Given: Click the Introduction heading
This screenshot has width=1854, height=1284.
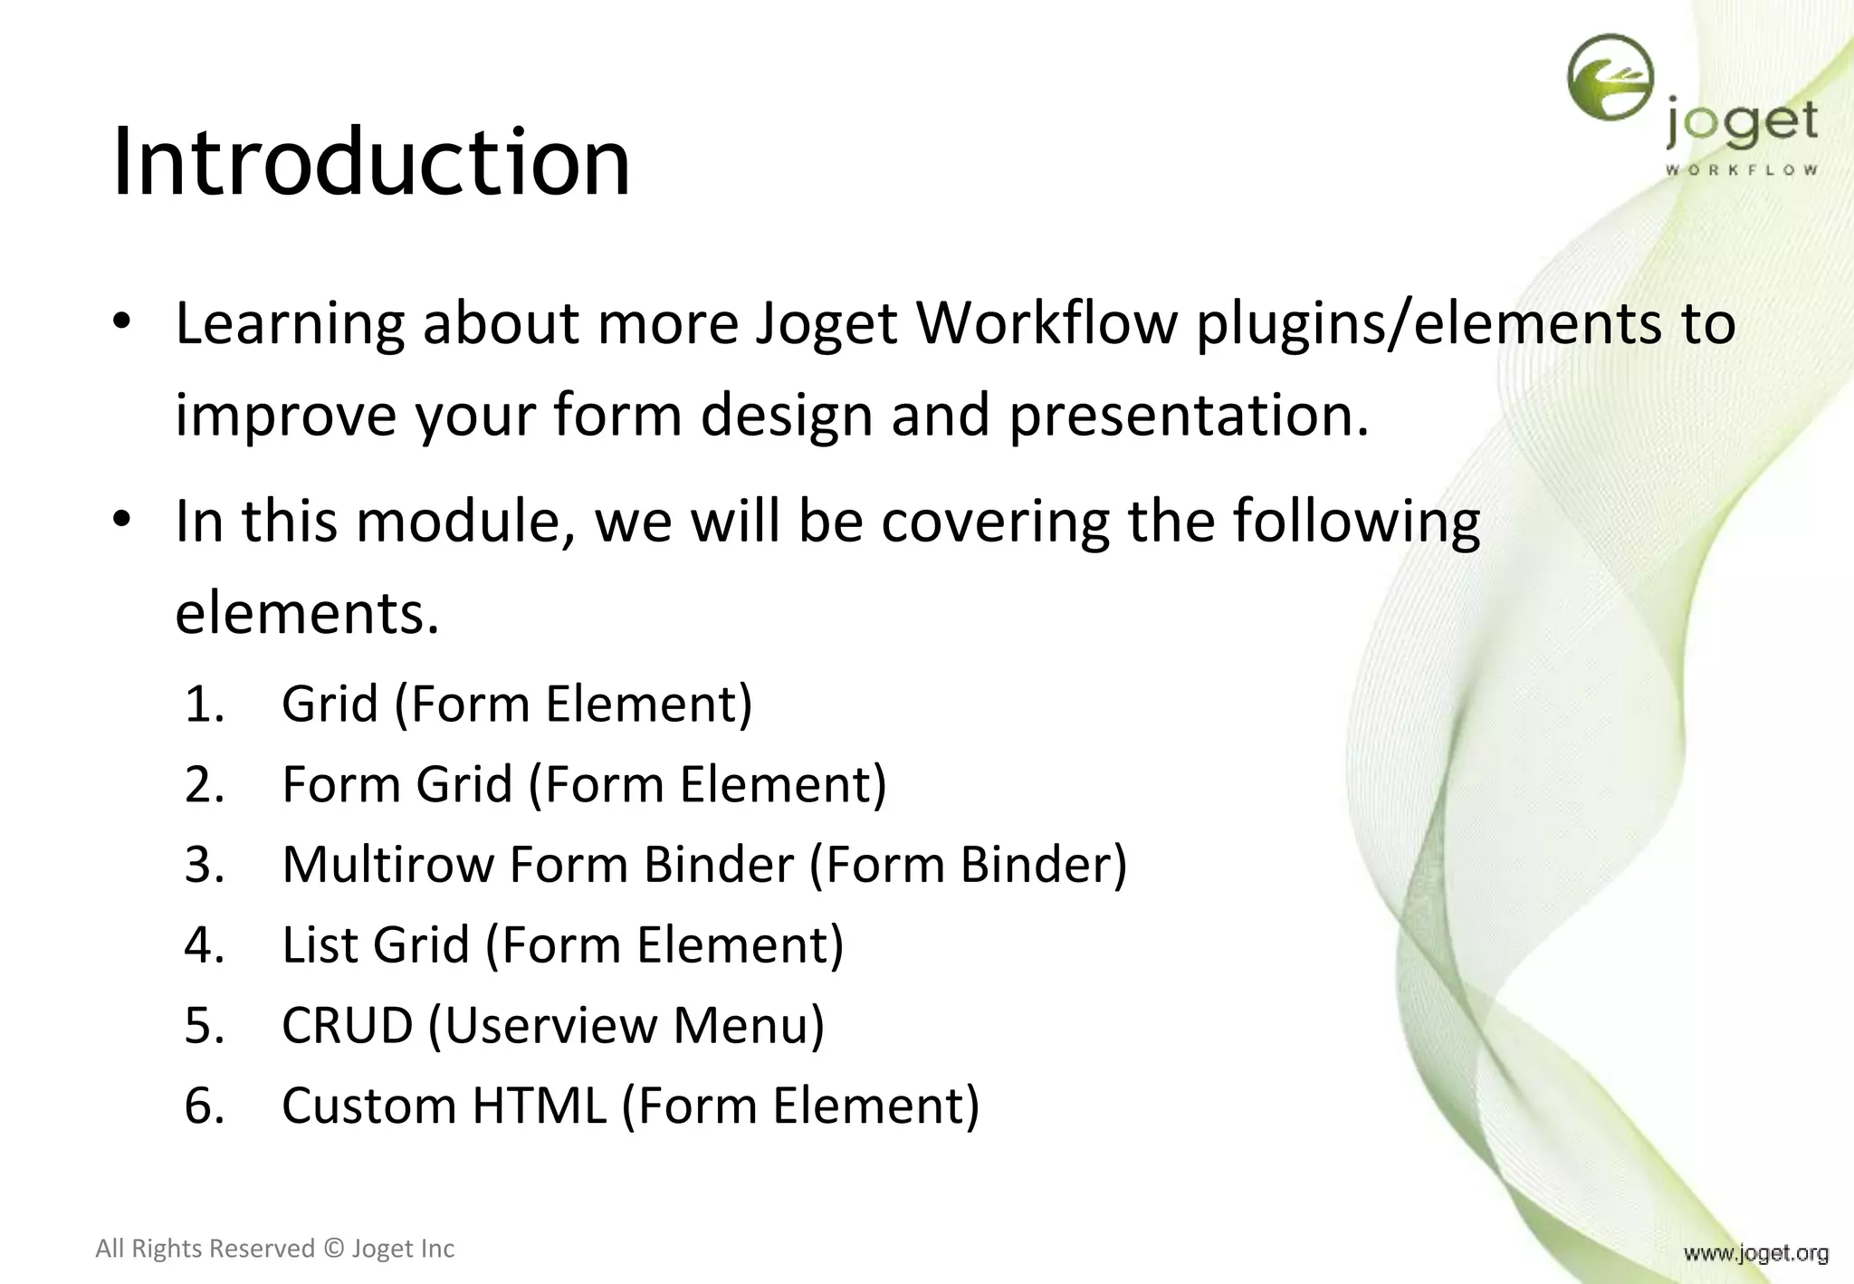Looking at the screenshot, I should coord(370,163).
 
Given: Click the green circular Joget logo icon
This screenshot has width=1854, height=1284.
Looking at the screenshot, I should coord(1610,78).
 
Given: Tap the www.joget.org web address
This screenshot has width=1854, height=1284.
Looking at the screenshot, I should coord(1755,1253).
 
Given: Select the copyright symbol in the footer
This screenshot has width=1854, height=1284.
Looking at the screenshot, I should coord(333,1249).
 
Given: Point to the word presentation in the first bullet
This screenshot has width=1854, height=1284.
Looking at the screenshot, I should coord(1188,416).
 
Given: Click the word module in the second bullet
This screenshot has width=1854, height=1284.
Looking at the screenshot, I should coord(464,522).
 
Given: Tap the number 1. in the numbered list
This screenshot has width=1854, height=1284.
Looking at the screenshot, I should coord(205,704).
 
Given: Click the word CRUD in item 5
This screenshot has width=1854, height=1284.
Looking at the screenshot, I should coord(347,1026).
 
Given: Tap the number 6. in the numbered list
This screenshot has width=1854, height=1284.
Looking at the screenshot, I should coord(205,1107).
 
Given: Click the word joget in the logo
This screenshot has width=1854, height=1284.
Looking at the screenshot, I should coord(1741,124).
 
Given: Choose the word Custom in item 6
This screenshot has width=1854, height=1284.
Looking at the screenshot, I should coord(368,1106).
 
